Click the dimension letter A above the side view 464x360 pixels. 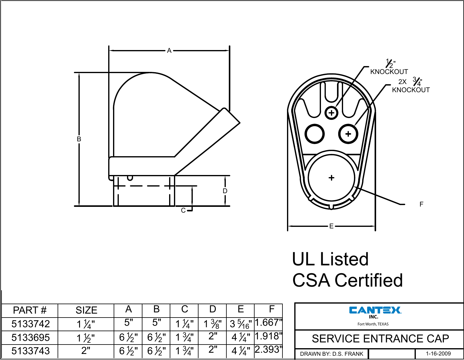point(169,51)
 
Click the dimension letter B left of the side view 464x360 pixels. point(79,139)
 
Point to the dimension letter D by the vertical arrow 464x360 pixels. point(225,191)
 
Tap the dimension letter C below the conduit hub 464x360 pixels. point(183,210)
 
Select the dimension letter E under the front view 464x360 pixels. point(331,226)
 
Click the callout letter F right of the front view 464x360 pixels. point(421,204)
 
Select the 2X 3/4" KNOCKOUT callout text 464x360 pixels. point(411,86)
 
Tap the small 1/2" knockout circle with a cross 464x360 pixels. point(332,113)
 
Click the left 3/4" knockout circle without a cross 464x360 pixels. point(315,133)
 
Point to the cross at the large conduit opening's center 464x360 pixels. point(331,178)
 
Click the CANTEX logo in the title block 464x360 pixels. point(375,310)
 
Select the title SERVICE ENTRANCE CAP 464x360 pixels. point(380,339)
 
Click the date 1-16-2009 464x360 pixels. point(438,354)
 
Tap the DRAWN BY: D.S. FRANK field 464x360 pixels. point(332,354)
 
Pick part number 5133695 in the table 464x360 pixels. point(30,337)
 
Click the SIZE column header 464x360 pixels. point(86,310)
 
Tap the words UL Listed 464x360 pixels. point(330,259)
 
